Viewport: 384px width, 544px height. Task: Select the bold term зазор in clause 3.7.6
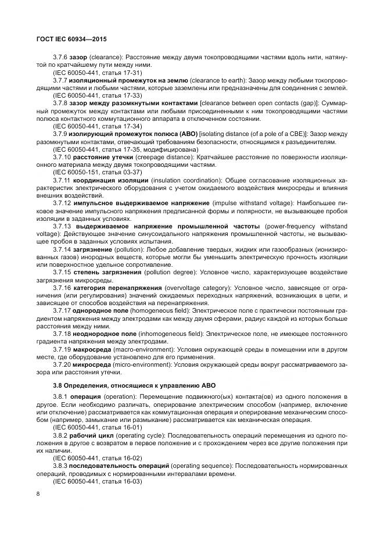pos(77,58)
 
